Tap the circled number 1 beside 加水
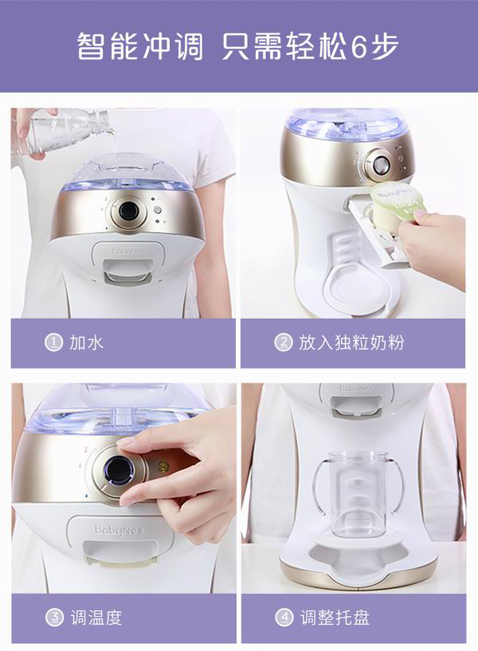tap(53, 343)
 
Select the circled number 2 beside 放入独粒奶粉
tap(284, 343)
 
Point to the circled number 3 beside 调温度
tap(53, 618)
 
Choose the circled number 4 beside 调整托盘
tap(284, 618)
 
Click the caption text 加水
tap(87, 343)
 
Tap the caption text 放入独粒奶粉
tap(352, 343)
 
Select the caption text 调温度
tap(96, 618)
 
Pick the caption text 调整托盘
tap(335, 618)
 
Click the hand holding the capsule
tap(434, 243)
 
